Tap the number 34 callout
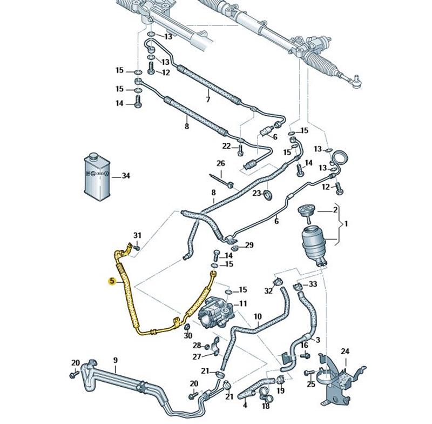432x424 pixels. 126,176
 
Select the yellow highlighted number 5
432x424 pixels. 112,281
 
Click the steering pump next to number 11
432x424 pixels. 218,314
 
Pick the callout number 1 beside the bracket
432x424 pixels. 347,223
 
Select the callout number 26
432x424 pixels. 220,163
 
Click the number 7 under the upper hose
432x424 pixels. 207,100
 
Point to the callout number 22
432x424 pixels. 227,146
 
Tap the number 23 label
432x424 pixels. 257,193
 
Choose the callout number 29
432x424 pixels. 249,245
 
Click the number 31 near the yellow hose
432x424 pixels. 137,235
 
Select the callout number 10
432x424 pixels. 258,316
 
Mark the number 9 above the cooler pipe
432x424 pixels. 115,360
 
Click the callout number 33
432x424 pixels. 313,284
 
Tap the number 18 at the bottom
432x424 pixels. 265,405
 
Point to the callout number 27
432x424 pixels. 196,356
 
